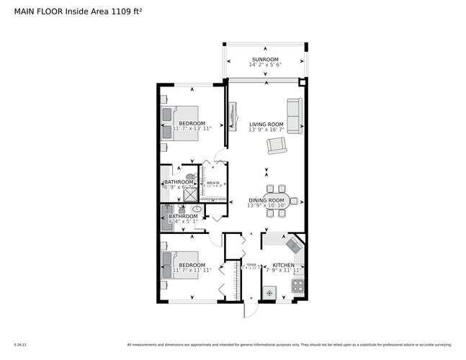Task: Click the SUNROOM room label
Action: tap(265, 59)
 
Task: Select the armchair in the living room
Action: tap(276, 146)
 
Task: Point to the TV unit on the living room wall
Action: tap(233, 115)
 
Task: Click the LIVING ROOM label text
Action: tap(266, 124)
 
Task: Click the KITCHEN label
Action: tap(274, 265)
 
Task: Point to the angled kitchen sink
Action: tap(293, 246)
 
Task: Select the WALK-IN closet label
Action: tap(213, 183)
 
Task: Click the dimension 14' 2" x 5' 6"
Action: tap(265, 65)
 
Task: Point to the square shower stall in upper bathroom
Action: tap(191, 192)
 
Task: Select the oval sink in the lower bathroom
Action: tap(196, 210)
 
